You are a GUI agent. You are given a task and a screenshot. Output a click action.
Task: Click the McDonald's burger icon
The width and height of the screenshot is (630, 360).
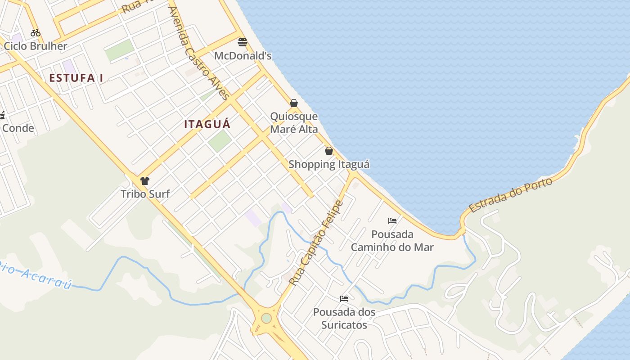coord(243,42)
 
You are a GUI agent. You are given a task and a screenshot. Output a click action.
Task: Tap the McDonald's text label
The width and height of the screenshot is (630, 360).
coord(243,56)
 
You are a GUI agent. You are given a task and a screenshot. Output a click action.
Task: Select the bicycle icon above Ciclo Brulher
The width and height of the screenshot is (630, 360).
coord(36,33)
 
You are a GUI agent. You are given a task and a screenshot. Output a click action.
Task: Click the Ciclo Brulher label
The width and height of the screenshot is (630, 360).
coord(36,46)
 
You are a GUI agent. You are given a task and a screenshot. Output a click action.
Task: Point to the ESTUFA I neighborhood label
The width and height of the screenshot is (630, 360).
coord(76,78)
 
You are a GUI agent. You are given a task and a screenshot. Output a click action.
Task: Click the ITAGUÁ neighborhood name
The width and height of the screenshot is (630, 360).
coord(207,124)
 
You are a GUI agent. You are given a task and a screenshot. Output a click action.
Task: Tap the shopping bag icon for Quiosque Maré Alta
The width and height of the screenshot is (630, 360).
coord(294,103)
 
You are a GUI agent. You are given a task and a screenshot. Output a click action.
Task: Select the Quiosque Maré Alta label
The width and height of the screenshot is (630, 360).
coord(294,123)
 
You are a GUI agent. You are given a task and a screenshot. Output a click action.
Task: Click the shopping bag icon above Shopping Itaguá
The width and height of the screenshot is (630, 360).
coord(329,151)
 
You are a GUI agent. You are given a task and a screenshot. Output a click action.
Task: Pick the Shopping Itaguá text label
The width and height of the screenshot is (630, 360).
coord(329,164)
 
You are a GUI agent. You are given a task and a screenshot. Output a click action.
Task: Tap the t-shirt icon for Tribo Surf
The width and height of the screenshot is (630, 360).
coord(145,181)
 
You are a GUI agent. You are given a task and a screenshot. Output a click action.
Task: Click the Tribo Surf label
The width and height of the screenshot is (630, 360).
coord(145,194)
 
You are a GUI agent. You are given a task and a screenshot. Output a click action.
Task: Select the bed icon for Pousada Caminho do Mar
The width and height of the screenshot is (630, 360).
coord(392,221)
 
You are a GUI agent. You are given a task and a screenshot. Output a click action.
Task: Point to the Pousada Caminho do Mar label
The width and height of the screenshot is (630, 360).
coord(392,241)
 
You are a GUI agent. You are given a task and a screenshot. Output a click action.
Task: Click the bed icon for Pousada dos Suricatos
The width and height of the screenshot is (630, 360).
coord(344,299)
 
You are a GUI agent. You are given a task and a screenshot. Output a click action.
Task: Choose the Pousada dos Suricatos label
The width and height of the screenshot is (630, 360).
coord(344,318)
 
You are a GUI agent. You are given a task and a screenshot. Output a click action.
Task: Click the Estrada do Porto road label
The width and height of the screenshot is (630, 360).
coord(510,195)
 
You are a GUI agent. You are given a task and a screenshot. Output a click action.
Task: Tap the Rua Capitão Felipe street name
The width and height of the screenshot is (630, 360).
coord(316,243)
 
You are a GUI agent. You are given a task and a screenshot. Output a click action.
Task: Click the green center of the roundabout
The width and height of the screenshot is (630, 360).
coord(266,318)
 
